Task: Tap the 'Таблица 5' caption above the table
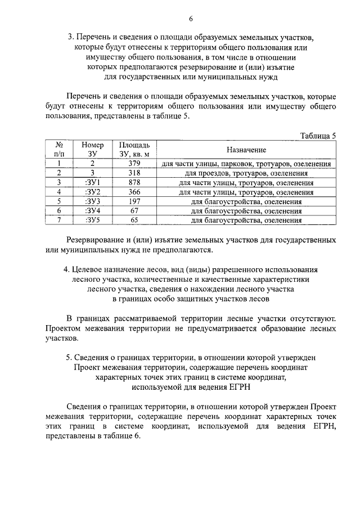pyautogui.click(x=318, y=136)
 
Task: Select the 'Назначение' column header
pyautogui.click(x=246, y=150)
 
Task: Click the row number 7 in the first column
pyautogui.click(x=58, y=220)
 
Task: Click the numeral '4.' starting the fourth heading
pyautogui.click(x=66, y=269)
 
